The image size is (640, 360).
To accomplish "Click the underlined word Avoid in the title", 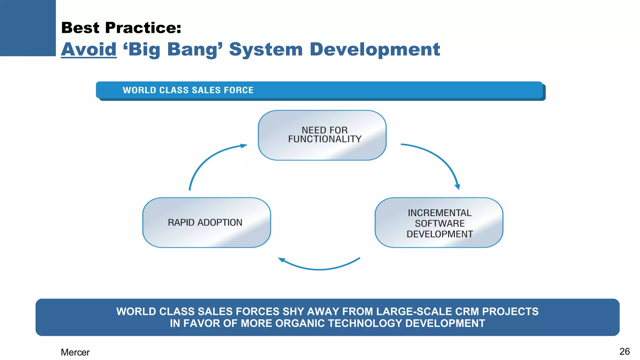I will [89, 49].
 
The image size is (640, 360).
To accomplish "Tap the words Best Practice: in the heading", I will [121, 28].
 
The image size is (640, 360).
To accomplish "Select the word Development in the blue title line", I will [375, 49].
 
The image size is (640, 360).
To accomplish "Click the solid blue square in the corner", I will [27, 27].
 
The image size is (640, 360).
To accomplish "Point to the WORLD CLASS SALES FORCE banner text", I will [188, 90].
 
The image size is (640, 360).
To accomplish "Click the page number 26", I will [624, 351].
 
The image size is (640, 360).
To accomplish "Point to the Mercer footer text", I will [75, 352].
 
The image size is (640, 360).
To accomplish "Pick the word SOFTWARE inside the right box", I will [439, 223].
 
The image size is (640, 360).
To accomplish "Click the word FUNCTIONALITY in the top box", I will [325, 139].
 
